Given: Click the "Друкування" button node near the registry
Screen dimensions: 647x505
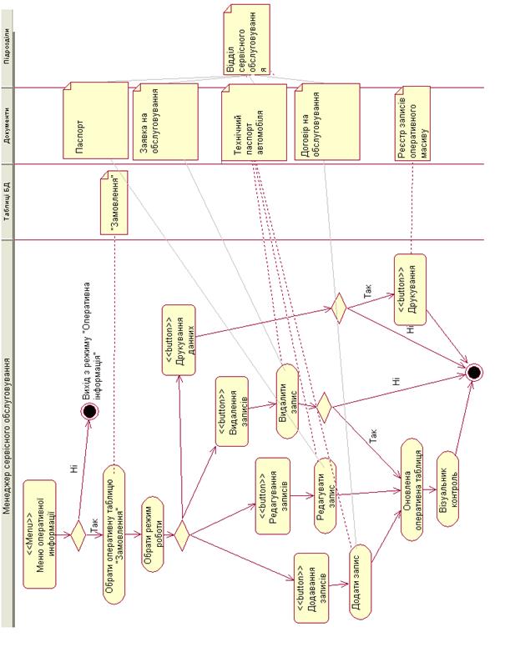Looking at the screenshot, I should [410, 288].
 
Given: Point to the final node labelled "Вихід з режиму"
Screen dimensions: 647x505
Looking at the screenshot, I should [91, 411].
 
